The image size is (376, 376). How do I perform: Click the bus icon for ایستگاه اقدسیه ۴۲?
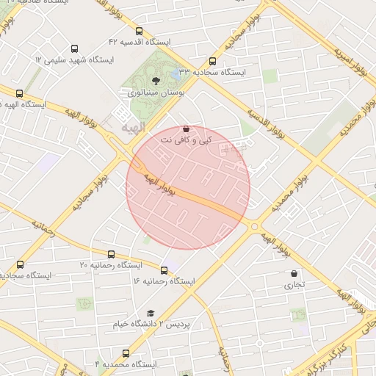click(x=140, y=32)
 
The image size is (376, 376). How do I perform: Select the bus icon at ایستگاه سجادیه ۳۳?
click(x=212, y=62)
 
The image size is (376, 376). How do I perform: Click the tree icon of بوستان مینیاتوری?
click(x=155, y=81)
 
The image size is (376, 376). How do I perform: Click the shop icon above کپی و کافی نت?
click(x=186, y=129)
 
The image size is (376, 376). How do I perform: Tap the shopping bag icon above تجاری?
click(x=294, y=273)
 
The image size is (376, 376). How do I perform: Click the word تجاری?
click(x=294, y=284)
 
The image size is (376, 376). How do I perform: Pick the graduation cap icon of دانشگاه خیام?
click(x=151, y=314)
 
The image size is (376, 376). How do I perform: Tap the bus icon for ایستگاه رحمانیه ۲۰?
click(x=20, y=264)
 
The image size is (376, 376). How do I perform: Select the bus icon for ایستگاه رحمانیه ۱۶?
click(x=164, y=270)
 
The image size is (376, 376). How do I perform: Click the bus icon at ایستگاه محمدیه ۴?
click(x=126, y=353)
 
